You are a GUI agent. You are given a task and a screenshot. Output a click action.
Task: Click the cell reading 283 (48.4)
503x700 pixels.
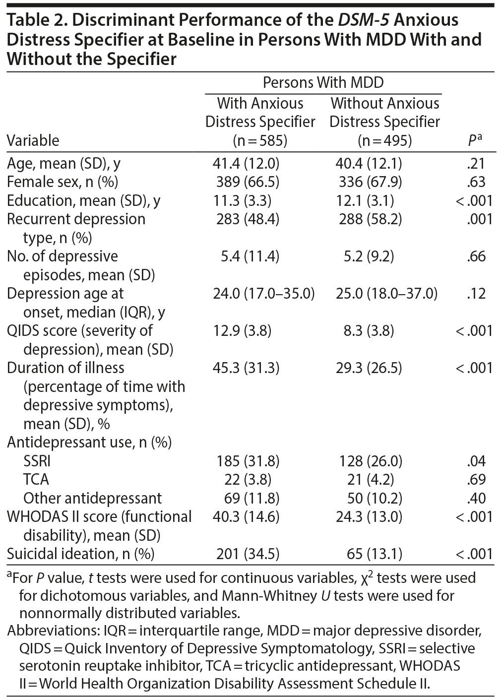coord(248,219)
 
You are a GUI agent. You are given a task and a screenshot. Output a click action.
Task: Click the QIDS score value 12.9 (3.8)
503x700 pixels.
coord(244,330)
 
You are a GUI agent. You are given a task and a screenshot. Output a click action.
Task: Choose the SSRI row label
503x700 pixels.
coord(37,461)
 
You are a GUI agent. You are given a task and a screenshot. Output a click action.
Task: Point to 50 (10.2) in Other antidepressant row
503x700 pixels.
coord(372,498)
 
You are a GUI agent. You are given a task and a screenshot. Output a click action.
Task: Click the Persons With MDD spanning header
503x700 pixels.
coord(323,82)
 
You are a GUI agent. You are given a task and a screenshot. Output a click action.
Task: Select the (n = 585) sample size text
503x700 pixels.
coord(260,140)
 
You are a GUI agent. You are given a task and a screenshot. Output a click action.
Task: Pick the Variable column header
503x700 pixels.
coord(33,140)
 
